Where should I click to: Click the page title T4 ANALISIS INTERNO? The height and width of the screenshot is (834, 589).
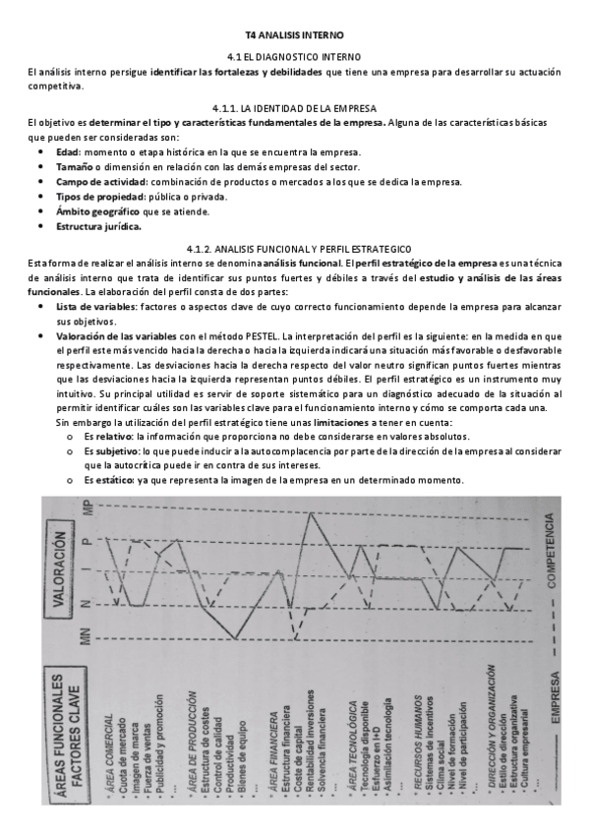coord(293,33)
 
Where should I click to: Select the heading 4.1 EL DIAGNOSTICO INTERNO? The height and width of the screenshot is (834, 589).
coord(293,59)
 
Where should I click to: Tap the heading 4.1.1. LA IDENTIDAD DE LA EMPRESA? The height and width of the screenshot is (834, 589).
coord(293,107)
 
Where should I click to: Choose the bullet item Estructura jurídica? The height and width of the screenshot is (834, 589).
coord(98,226)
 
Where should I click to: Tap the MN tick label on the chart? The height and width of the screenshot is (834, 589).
coord(87,639)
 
